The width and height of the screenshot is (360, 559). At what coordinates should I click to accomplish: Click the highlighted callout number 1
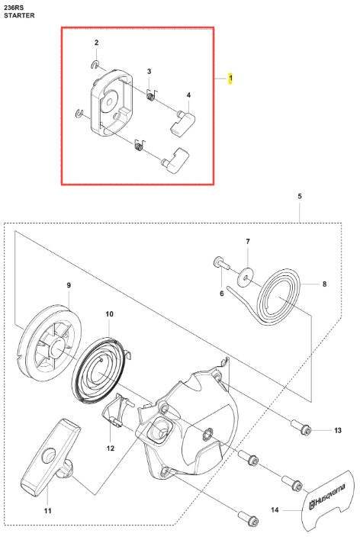(x=230, y=78)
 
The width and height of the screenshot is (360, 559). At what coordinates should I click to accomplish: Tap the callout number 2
(x=96, y=43)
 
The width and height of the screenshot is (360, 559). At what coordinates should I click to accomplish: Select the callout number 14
(x=275, y=509)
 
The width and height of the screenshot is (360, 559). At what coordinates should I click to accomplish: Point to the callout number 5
(x=300, y=196)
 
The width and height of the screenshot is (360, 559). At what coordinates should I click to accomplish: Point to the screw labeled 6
(x=221, y=264)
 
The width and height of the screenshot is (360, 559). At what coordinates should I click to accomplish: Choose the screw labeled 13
(x=301, y=428)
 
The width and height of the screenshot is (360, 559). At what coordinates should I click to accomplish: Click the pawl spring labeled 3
(x=151, y=95)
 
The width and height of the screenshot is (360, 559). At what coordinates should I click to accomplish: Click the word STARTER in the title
(x=19, y=15)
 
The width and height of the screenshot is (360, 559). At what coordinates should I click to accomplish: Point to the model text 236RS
(x=14, y=7)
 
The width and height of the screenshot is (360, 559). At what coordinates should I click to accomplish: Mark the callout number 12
(x=111, y=448)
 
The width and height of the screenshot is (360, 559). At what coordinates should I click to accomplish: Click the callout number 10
(x=109, y=314)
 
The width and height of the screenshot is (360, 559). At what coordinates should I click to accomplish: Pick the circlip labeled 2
(x=95, y=64)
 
